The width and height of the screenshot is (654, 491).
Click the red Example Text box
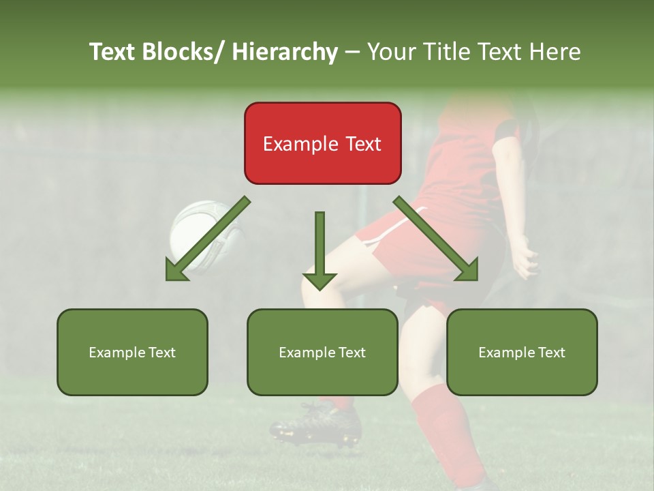[322, 143]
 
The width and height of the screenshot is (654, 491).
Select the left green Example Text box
[132, 352]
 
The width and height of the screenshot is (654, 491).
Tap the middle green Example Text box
[322, 352]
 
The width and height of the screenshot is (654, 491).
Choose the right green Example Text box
[522, 352]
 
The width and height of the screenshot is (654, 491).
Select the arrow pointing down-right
[437, 239]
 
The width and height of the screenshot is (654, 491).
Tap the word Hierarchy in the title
[285, 52]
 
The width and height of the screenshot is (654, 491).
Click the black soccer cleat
[317, 426]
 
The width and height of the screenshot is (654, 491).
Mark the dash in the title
[352, 53]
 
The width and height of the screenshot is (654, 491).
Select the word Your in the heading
[391, 52]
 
